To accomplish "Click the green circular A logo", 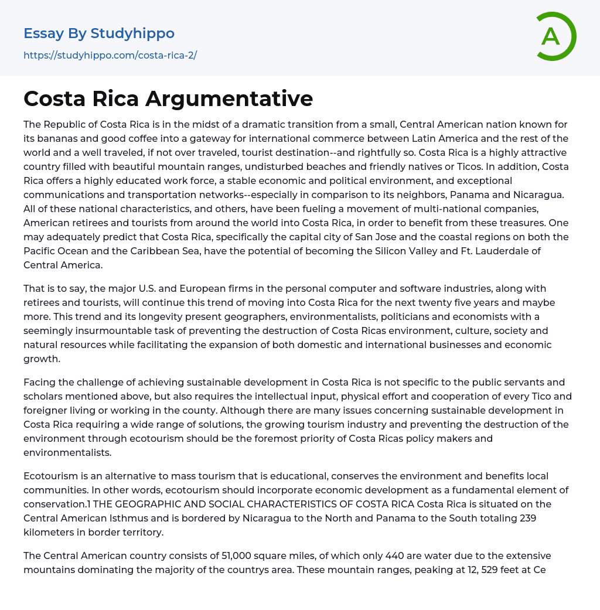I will tap(552, 36).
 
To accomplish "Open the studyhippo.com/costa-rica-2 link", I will tap(110, 55).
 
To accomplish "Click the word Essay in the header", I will tap(43, 33).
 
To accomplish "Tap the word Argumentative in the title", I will tap(229, 98).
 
